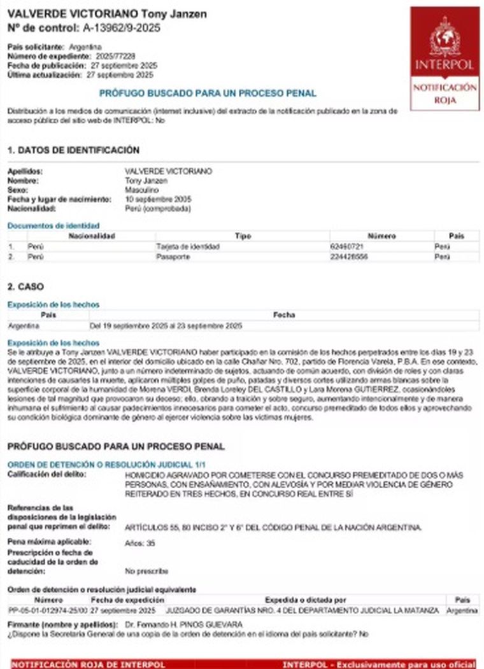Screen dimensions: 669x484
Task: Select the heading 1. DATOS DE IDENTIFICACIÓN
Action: (x=73, y=150)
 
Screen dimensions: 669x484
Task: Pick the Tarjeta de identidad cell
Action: (x=188, y=246)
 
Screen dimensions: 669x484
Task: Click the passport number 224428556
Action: (x=348, y=257)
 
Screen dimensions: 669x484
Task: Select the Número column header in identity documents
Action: (x=381, y=236)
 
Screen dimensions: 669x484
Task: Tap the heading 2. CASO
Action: (x=25, y=287)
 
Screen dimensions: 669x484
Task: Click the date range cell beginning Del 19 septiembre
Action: (x=166, y=326)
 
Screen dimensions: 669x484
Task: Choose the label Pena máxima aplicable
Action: (x=49, y=542)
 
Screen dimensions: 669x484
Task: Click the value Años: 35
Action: (x=140, y=544)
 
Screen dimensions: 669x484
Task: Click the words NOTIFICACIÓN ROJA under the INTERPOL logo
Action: (x=445, y=94)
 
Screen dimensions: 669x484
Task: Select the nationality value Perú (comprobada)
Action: (x=157, y=209)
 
